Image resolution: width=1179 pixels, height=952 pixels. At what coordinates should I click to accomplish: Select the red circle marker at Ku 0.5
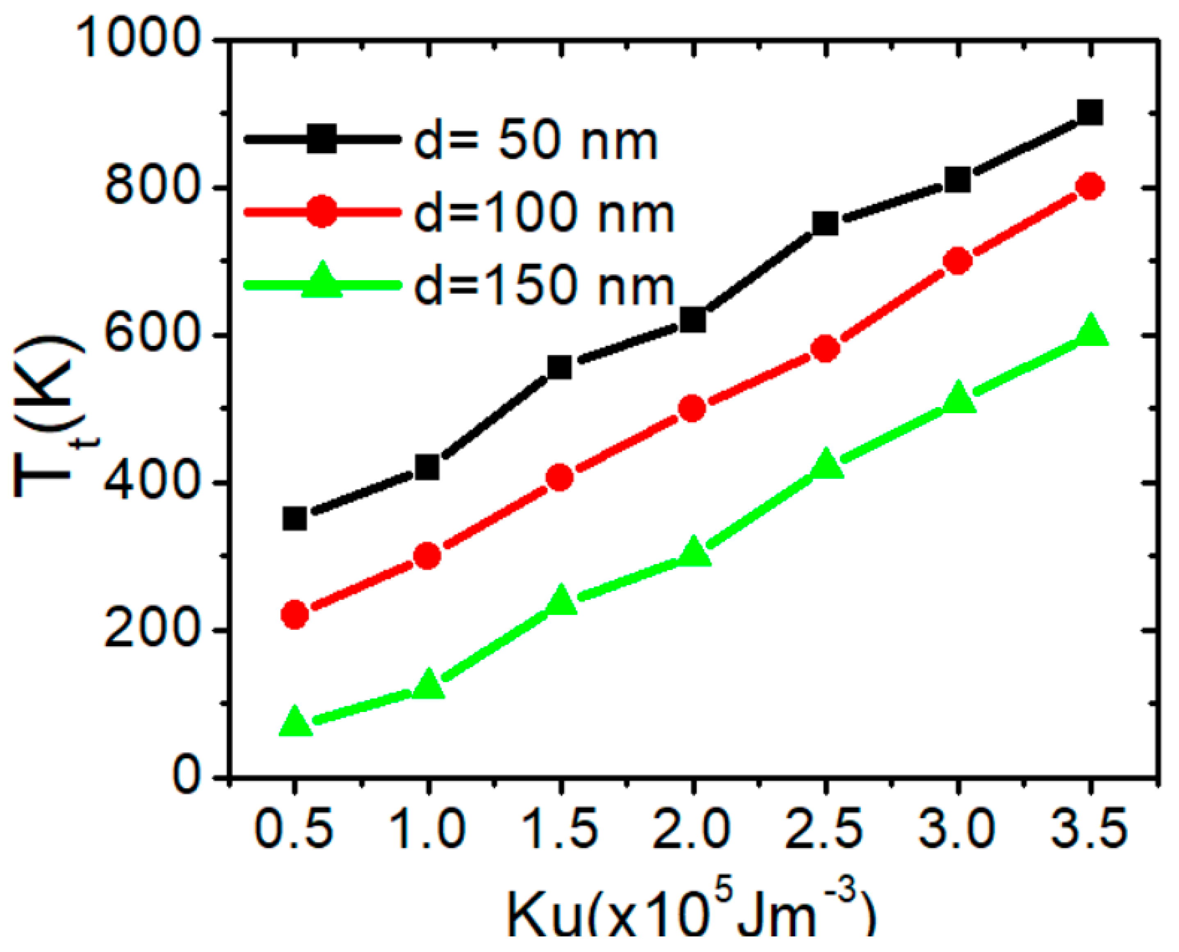(295, 614)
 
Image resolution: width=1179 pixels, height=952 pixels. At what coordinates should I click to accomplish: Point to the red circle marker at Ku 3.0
(958, 261)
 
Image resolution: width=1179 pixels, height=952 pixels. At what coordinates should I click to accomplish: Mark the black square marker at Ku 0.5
(295, 518)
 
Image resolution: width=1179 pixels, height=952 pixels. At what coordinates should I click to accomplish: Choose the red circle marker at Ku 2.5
(825, 349)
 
